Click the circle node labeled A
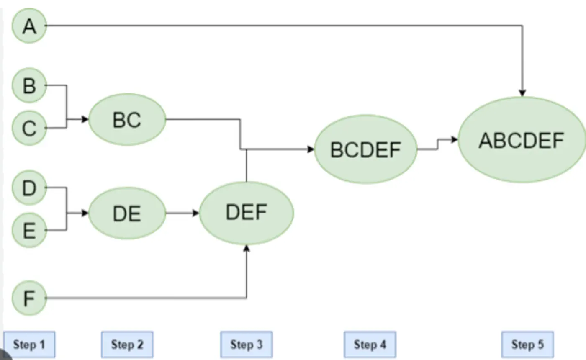pos(29,26)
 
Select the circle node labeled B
pos(29,85)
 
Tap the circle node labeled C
pos(29,128)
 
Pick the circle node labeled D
pos(29,188)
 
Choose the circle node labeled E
pos(29,230)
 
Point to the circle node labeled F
pos(29,298)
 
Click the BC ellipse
pos(127,120)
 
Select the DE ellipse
pos(127,213)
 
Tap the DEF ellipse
pos(246,213)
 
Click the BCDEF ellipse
pos(365,149)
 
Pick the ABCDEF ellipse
pos(522,140)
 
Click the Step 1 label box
pos(29,345)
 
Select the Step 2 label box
pos(127,345)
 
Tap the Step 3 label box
pos(246,345)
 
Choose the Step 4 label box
pos(370,345)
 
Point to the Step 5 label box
pos(527,345)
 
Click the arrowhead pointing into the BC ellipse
pos(85,120)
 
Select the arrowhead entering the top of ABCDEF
pos(522,93)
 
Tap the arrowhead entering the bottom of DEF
pos(247,249)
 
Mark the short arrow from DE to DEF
pos(182,213)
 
